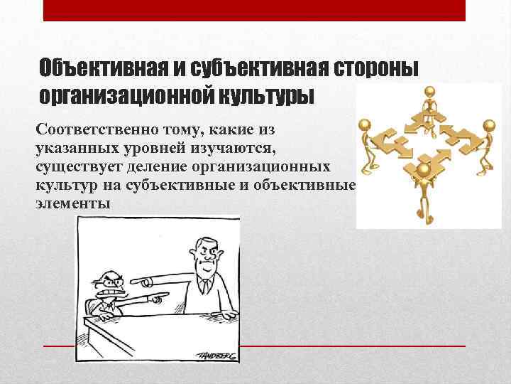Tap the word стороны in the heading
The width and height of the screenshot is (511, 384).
pos(376,69)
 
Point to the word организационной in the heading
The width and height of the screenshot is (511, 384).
pos(126,95)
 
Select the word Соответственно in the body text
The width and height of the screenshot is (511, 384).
pos(88,130)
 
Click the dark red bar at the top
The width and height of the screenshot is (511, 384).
pos(255,10)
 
